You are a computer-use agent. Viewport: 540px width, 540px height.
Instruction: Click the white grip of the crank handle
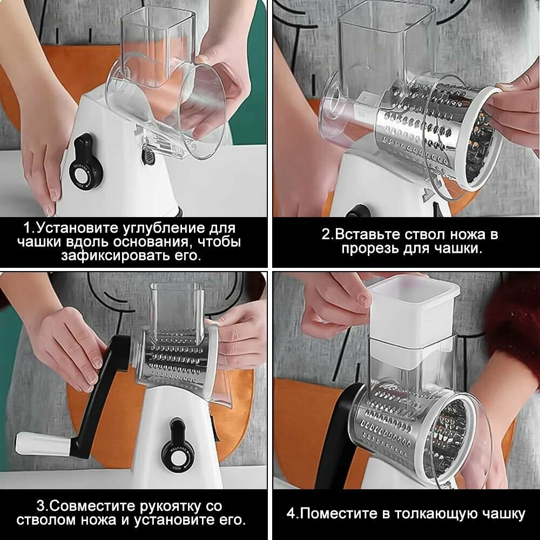(x=43, y=444)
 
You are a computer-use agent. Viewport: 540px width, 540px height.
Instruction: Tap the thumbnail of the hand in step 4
(x=364, y=299)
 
